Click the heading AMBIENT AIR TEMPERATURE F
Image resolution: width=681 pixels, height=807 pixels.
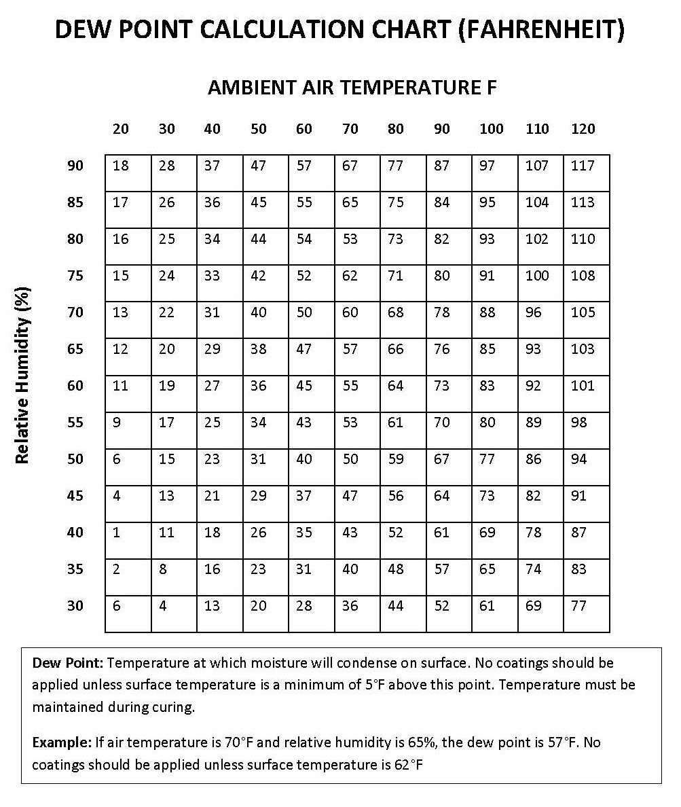point(352,88)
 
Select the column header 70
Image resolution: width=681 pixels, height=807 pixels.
point(350,129)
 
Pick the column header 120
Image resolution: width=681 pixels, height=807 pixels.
point(583,129)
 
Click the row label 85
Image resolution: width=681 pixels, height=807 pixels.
point(75,202)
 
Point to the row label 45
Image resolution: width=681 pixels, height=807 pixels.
point(75,496)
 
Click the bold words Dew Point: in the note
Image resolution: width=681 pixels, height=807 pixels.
point(67,662)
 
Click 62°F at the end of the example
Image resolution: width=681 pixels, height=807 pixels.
point(409,765)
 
